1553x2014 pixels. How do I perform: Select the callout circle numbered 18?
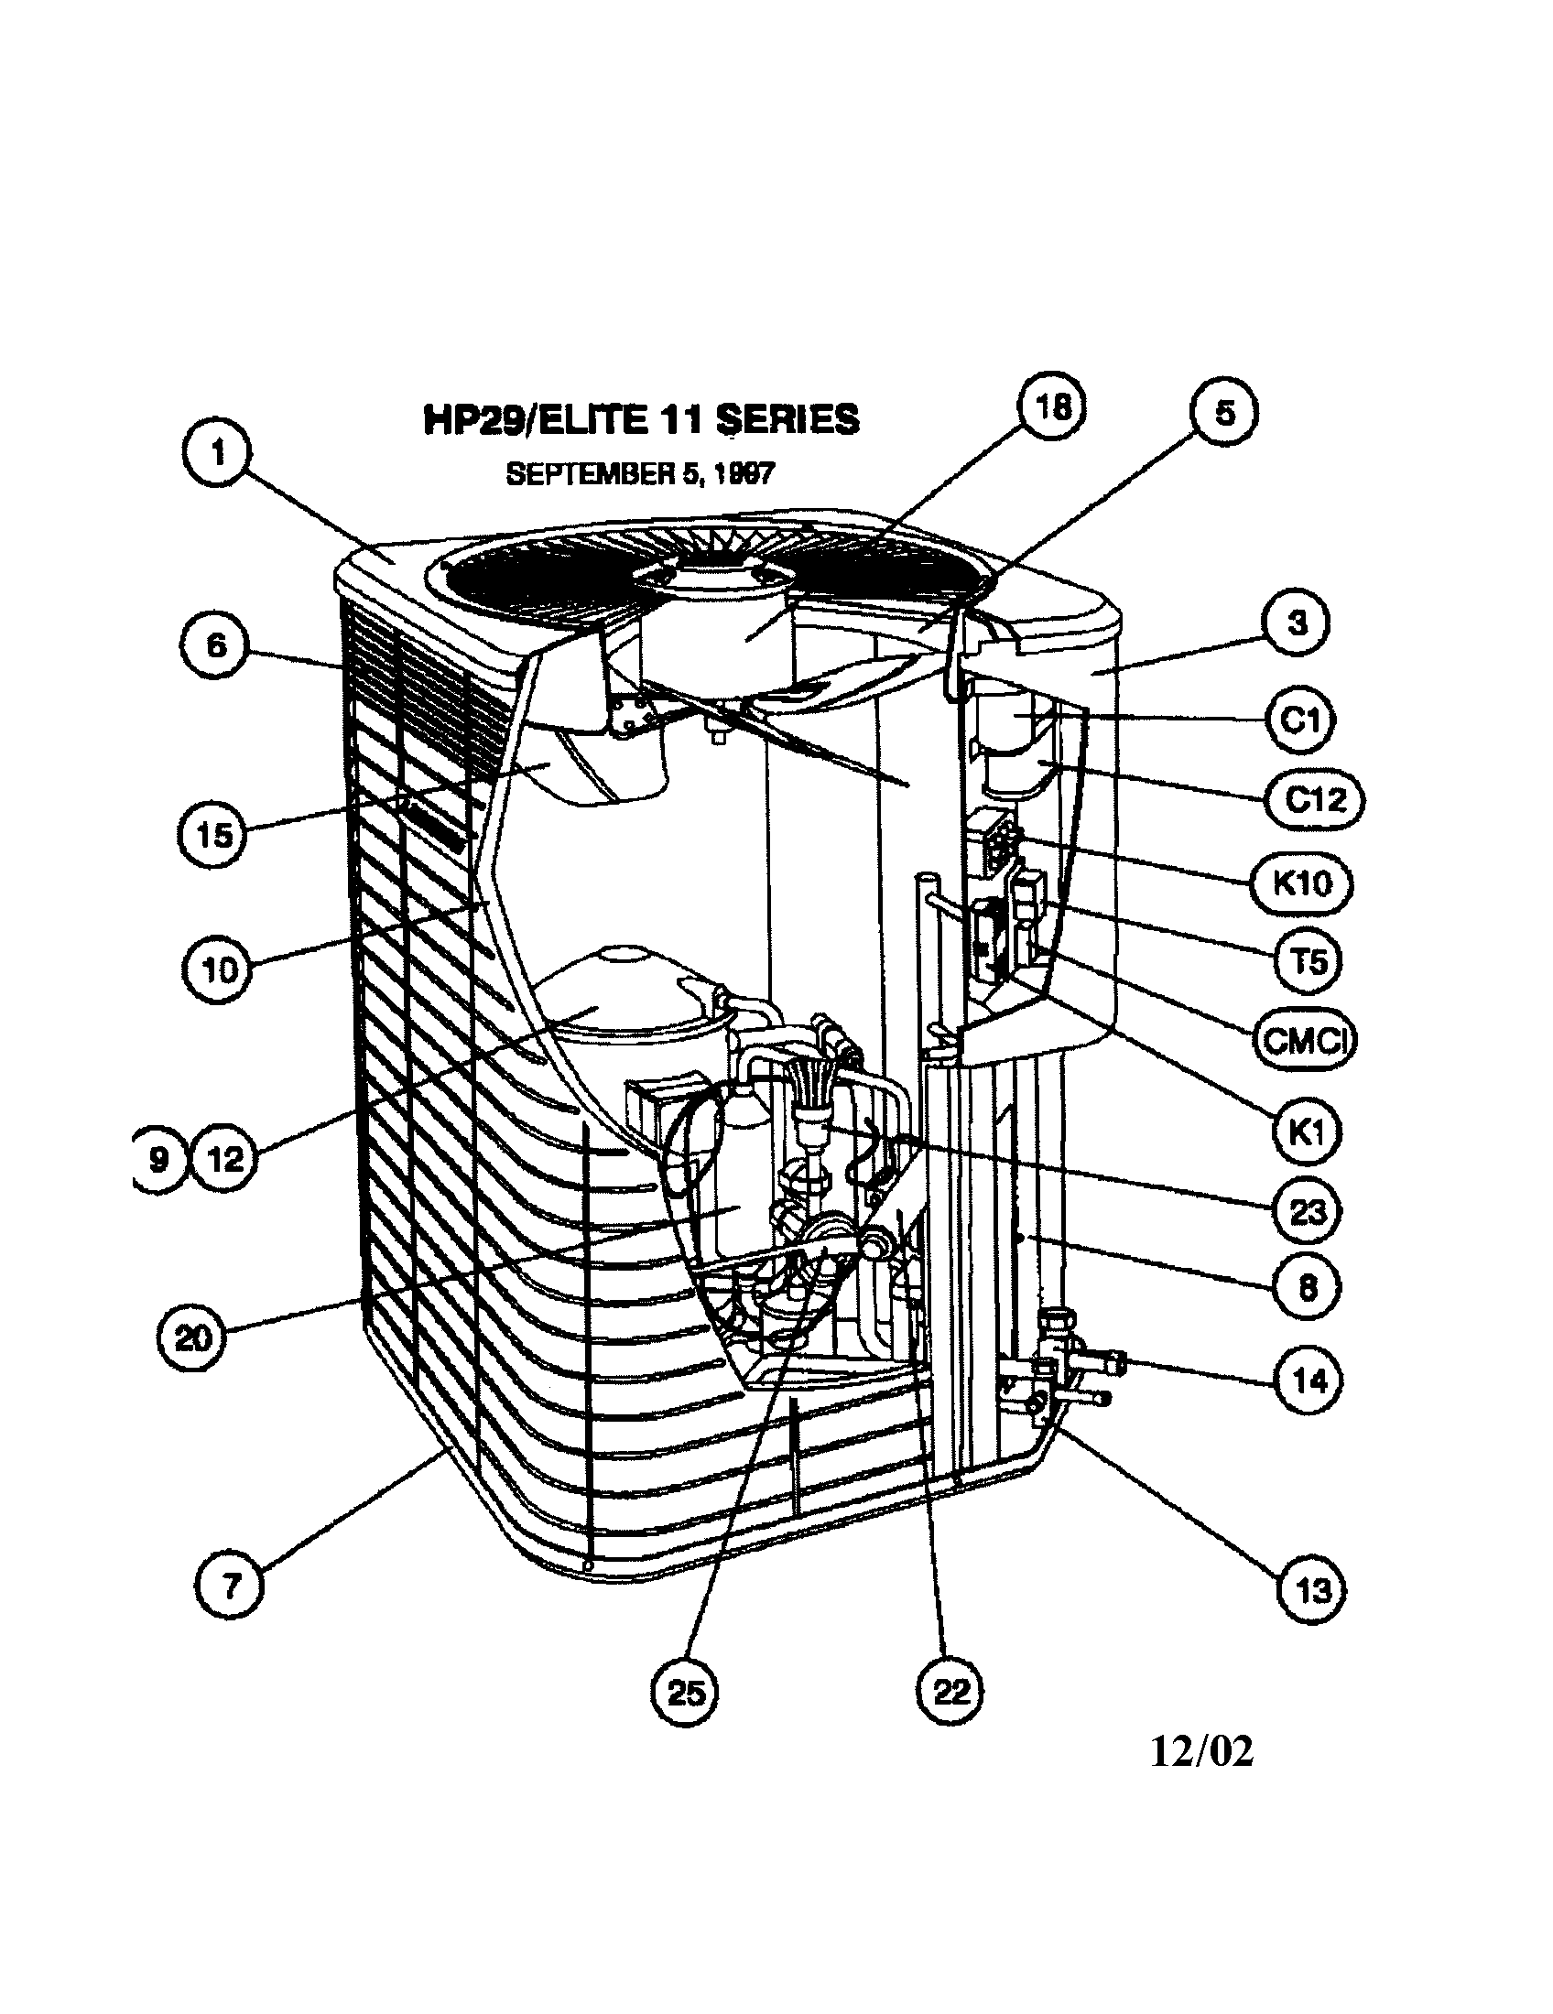[x=1052, y=408]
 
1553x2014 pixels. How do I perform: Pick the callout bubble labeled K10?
[x=1301, y=883]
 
